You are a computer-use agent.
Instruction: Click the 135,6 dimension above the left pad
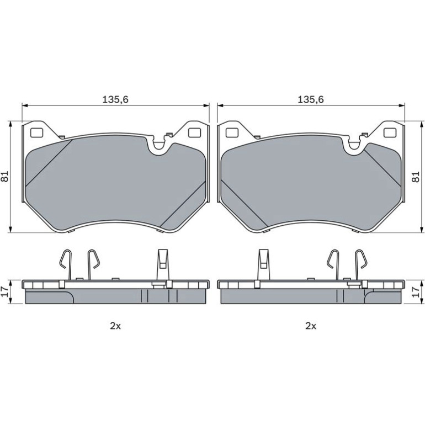(x=115, y=99)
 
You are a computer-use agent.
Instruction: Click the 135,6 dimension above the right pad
(x=311, y=99)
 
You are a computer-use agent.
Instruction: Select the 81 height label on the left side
(x=6, y=176)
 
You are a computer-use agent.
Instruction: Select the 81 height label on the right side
(x=415, y=176)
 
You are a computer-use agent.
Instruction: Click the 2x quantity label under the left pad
(x=115, y=326)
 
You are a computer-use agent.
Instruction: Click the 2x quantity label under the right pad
(x=311, y=326)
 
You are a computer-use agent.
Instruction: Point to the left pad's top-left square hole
(x=36, y=132)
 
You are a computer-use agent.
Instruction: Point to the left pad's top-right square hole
(x=194, y=132)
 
